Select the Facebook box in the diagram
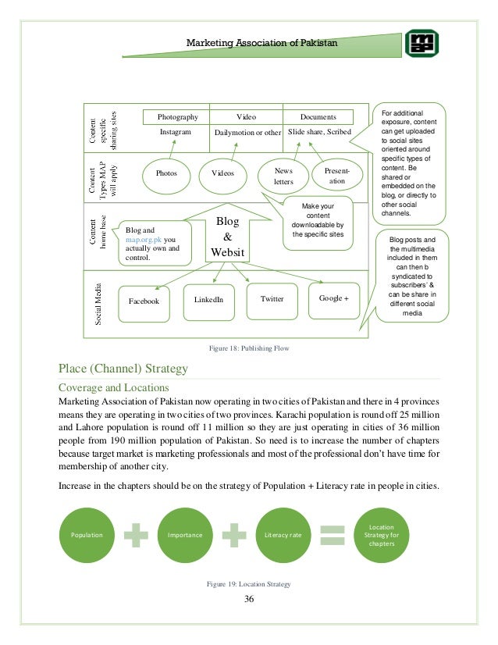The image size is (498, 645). (144, 301)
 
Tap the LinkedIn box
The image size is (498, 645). (208, 299)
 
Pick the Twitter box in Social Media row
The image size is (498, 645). (272, 298)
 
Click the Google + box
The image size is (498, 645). (334, 298)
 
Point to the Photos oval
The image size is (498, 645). (165, 173)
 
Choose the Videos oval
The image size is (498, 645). (223, 173)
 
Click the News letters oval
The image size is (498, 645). (283, 175)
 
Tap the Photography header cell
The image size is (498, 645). (178, 116)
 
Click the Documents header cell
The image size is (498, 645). (318, 116)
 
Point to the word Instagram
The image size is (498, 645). (176, 133)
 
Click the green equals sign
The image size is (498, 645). (333, 535)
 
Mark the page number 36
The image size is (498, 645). (249, 599)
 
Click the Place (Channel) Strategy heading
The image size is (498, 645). (123, 368)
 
